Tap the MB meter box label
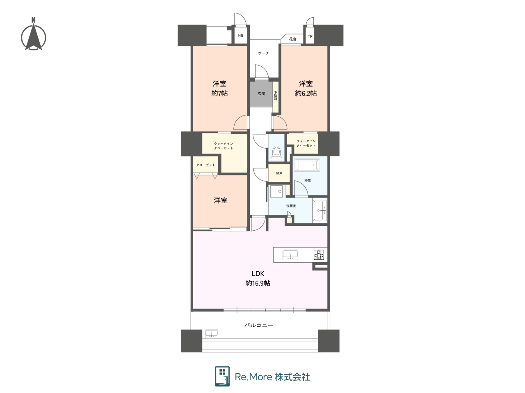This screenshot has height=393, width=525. [240, 36]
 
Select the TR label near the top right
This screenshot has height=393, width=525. [310, 36]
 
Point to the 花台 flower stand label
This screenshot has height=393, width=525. [292, 39]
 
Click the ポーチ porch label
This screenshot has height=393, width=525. [263, 53]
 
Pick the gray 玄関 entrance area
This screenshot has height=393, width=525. [261, 94]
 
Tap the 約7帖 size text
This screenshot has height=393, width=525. [219, 93]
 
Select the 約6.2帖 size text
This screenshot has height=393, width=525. [306, 93]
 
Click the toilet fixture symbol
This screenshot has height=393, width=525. [276, 153]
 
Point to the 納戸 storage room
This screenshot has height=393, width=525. [279, 173]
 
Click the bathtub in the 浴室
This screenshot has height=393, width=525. [307, 165]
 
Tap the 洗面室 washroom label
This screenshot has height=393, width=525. [291, 206]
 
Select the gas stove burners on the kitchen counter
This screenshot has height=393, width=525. [319, 254]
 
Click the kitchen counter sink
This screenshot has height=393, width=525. [290, 254]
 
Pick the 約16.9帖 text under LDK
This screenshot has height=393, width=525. [258, 283]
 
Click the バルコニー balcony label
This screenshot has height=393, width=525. [258, 325]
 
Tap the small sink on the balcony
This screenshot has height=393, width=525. [211, 334]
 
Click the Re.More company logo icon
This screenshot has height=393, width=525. [222, 376]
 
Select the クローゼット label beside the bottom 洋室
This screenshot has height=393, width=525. [205, 165]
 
